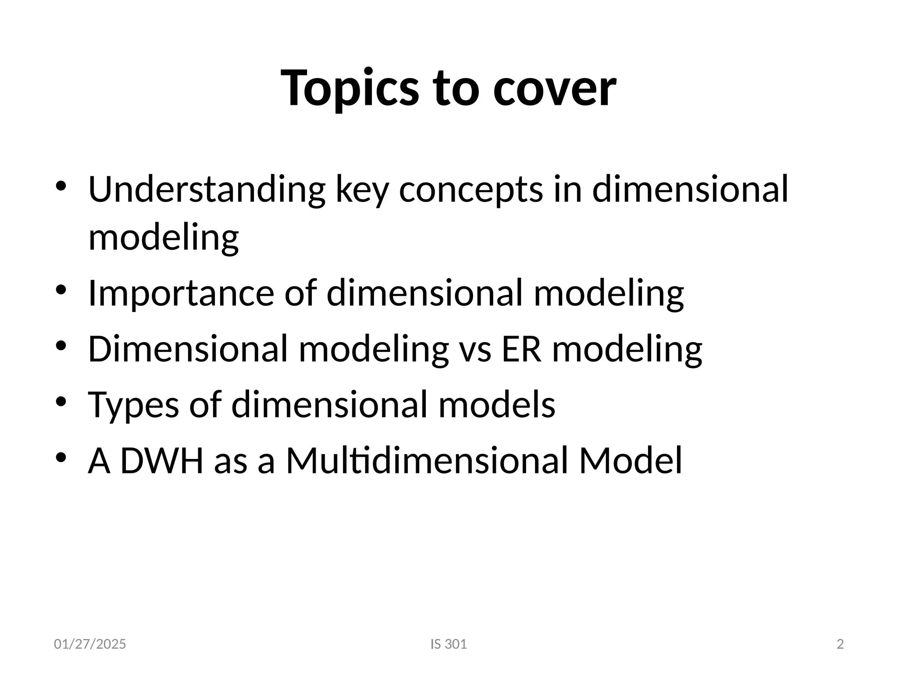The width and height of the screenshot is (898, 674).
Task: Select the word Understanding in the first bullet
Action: pos(207,190)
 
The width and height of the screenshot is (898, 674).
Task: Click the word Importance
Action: pos(181,294)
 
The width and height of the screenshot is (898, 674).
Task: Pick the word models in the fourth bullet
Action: pos(497,405)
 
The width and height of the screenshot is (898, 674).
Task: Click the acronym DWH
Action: pos(162,461)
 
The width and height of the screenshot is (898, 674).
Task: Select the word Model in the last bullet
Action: pos(631,461)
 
